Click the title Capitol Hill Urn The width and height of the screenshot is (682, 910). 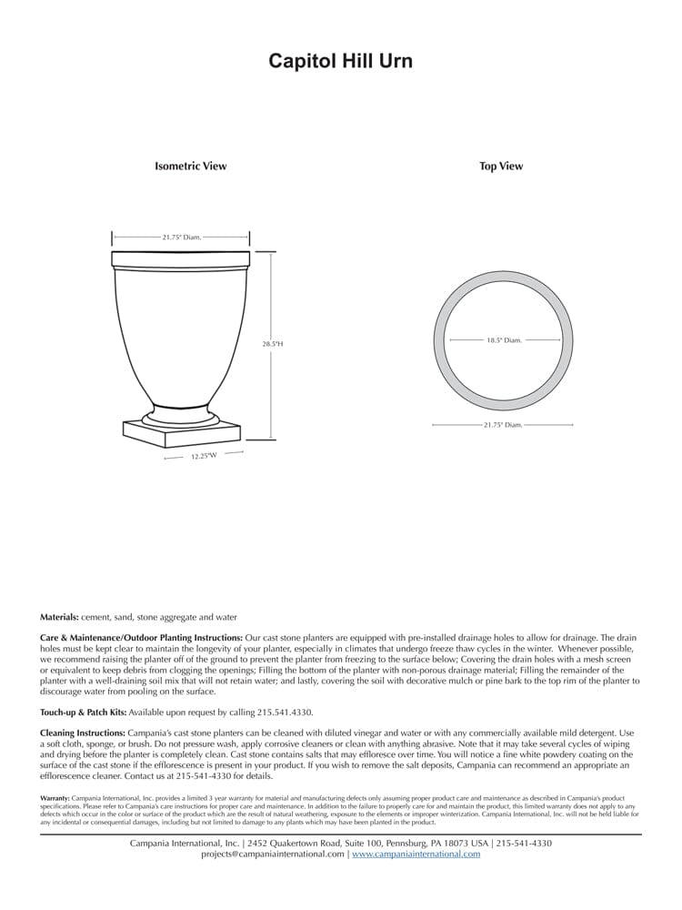pos(340,61)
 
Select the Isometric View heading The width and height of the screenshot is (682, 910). pos(190,167)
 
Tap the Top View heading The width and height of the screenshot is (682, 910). pos(501,167)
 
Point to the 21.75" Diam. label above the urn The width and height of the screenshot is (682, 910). pos(182,237)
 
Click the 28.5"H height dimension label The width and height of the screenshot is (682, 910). pos(273,344)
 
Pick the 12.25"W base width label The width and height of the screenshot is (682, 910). pos(204,455)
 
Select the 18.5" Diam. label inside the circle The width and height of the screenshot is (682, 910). pos(503,340)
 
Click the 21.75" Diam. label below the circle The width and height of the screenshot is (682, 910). pos(503,425)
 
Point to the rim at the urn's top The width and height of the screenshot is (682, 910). pos(180,258)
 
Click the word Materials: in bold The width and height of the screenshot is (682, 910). pos(59,617)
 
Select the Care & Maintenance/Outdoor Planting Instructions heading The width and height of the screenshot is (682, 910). pos(142,639)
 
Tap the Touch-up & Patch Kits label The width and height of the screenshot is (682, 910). pos(83,712)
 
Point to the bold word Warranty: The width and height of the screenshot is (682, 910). pos(55,798)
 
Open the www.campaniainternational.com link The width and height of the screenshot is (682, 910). pos(416,854)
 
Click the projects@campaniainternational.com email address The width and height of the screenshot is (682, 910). pos(273,854)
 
